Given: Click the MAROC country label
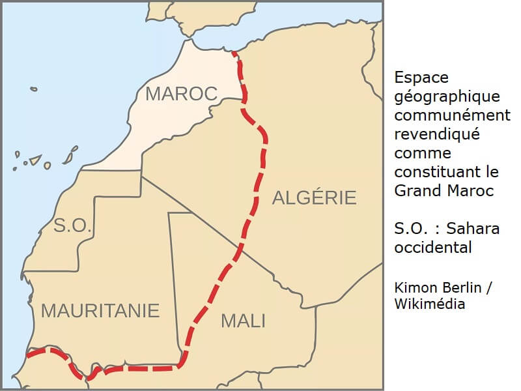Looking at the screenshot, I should (181, 94).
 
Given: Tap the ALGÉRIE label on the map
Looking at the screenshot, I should (314, 197).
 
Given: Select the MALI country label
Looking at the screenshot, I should (243, 321).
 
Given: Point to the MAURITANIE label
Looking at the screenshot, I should (100, 311).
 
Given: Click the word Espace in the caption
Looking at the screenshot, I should (421, 78).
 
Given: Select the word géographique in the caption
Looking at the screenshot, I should (447, 96).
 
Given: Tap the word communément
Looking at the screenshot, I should (452, 115).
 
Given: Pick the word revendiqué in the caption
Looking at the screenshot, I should (436, 134).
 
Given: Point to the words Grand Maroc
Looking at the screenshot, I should (444, 191).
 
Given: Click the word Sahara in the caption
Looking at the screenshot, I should (477, 229).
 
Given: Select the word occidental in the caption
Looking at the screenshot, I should (432, 248).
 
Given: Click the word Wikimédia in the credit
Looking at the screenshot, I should (429, 304).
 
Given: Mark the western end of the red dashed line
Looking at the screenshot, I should (28, 355).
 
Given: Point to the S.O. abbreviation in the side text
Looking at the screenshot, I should (410, 229).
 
